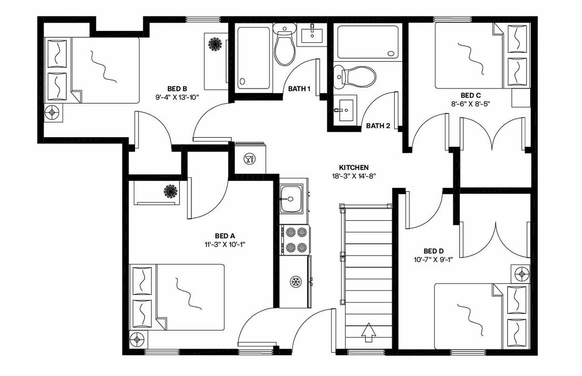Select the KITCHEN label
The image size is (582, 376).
[x=354, y=167]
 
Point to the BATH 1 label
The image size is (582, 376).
[x=299, y=89]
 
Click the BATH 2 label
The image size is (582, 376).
[x=378, y=126]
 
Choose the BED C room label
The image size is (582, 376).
[x=471, y=95]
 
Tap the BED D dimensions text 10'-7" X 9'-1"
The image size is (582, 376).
[x=433, y=259]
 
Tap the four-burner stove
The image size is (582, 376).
[x=295, y=240]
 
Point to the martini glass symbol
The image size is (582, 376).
[x=249, y=158]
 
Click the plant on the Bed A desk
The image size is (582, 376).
[x=171, y=190]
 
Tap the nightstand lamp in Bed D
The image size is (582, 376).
[x=521, y=274]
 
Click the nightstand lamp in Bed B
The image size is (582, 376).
[x=54, y=112]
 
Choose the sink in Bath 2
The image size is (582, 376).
[x=345, y=109]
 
